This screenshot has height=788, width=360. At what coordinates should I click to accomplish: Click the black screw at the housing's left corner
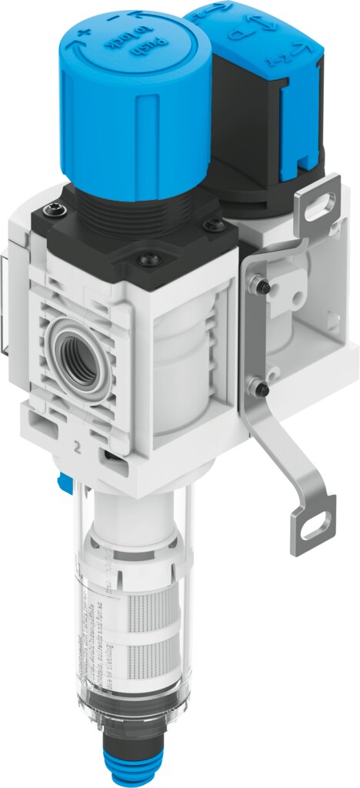click(52, 209)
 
